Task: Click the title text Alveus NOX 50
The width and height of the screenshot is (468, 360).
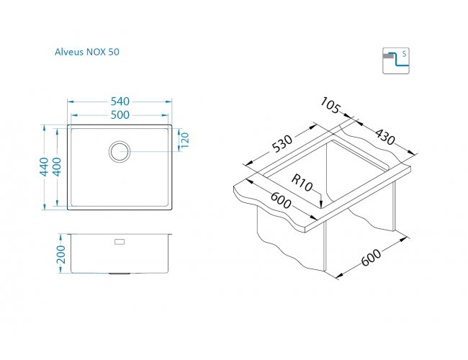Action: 87,52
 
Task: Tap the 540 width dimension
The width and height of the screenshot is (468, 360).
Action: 120,102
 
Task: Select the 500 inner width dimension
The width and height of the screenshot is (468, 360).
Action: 120,115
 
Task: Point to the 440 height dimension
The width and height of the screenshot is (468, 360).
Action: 44,167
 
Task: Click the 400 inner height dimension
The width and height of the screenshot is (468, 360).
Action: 57,167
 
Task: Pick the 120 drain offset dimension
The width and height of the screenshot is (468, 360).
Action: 185,140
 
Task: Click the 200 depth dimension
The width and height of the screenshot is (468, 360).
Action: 61,254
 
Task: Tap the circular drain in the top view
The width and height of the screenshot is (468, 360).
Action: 120,152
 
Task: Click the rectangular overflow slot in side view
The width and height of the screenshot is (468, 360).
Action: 120,241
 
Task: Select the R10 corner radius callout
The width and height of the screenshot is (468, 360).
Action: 302,183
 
